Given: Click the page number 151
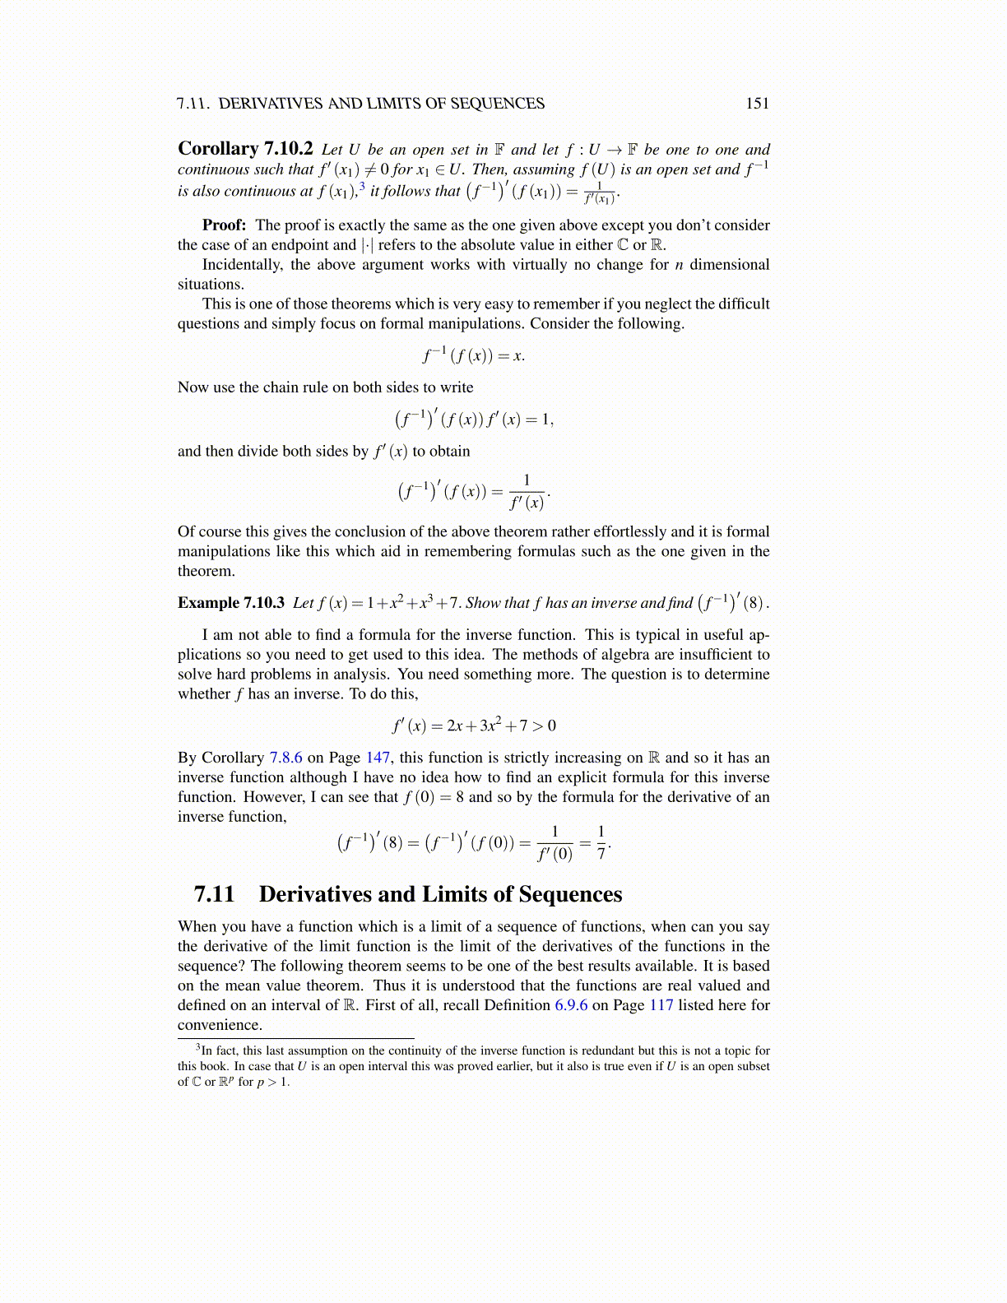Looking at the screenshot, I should (x=757, y=103).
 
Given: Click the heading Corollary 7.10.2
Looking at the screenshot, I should (x=245, y=149).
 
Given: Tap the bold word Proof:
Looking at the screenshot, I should (x=224, y=225).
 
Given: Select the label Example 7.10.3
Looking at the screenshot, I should (x=230, y=603).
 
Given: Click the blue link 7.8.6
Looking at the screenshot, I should (x=285, y=758).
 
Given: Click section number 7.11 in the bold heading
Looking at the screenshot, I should (x=215, y=894).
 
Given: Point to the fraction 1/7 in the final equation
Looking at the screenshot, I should (x=601, y=843).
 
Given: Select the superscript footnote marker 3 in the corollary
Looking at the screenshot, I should (x=362, y=186).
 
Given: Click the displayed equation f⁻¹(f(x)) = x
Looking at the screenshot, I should (x=474, y=355).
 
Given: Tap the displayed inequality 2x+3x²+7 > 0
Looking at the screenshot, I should (x=474, y=726).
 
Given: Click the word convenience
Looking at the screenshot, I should (x=219, y=1025).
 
